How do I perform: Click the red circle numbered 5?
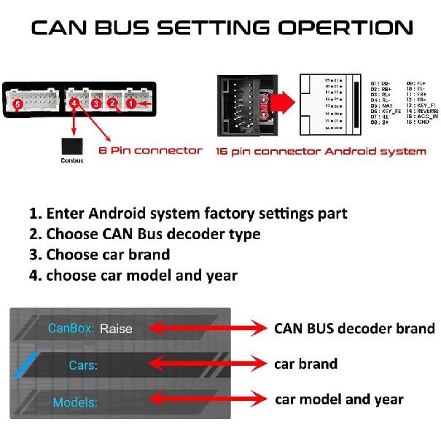pyautogui.click(x=18, y=105)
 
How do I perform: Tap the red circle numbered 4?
pyautogui.click(x=76, y=104)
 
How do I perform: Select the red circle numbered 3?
pyautogui.click(x=95, y=104)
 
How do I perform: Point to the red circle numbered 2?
pyautogui.click(x=113, y=104)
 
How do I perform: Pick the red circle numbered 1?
pyautogui.click(x=131, y=104)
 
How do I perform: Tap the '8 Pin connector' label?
pyautogui.click(x=150, y=150)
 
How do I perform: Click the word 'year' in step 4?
pyautogui.click(x=222, y=276)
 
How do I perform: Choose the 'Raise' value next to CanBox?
pyautogui.click(x=116, y=328)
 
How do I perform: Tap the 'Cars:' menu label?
pyautogui.click(x=83, y=364)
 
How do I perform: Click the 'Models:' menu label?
pyautogui.click(x=75, y=402)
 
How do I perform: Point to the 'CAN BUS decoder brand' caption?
pyautogui.click(x=354, y=328)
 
